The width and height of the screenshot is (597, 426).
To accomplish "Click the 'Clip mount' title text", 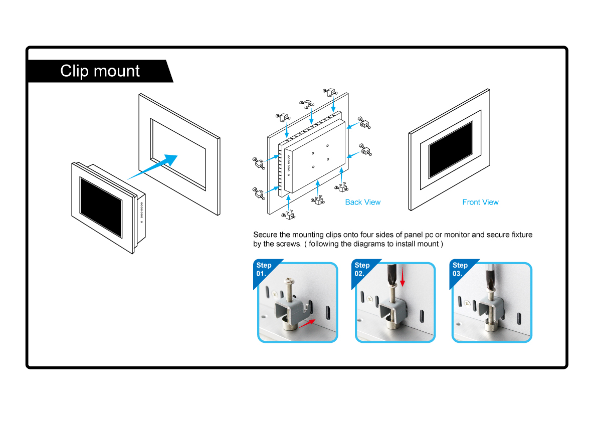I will [x=100, y=71].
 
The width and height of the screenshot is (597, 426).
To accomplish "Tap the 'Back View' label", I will [x=362, y=202].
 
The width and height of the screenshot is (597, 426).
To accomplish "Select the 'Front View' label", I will [x=480, y=202].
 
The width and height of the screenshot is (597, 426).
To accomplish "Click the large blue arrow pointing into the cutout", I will [x=155, y=167].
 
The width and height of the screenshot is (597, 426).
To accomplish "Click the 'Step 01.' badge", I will [x=264, y=269].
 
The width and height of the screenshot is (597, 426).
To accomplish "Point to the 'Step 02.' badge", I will [x=362, y=269].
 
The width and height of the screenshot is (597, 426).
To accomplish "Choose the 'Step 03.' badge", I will [x=460, y=269].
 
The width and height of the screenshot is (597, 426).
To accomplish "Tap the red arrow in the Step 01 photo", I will [x=309, y=323].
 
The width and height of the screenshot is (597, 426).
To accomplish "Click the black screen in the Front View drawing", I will [x=451, y=149].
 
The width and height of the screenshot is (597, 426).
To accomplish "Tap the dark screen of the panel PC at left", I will [x=101, y=205].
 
